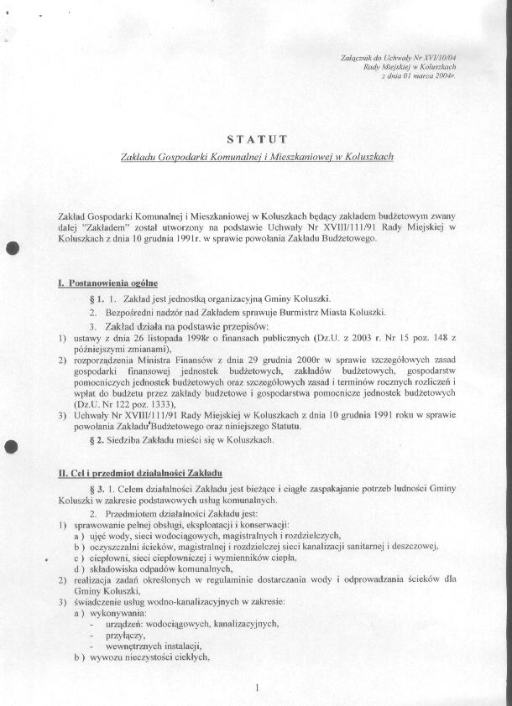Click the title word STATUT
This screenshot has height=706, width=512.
256,138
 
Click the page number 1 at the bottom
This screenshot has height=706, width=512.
256,688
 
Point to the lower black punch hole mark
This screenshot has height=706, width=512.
11,447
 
